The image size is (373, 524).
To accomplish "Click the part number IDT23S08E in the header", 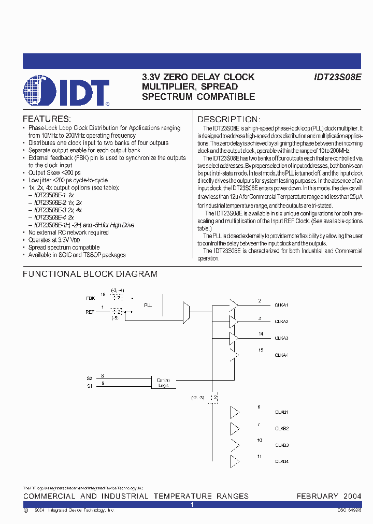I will click(x=338, y=77).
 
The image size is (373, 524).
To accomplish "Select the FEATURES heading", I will click(x=46, y=119).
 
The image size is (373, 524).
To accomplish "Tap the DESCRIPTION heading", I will click(x=228, y=119).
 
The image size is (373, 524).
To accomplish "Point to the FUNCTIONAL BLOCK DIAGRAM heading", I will click(x=90, y=274).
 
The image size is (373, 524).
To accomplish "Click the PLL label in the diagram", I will click(x=148, y=306).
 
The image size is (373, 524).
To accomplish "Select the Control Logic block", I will click(x=163, y=383).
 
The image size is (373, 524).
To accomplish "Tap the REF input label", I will click(x=90, y=312).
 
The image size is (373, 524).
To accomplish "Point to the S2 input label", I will click(x=89, y=379).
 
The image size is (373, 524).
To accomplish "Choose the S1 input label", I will click(x=89, y=386).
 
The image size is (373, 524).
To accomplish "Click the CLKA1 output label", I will click(x=281, y=305).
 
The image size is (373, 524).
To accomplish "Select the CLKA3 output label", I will click(x=281, y=338).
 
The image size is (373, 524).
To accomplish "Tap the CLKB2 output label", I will click(x=281, y=429).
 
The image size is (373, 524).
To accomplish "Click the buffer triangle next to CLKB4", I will click(x=235, y=461).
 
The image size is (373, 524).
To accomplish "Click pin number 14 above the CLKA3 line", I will click(x=261, y=334).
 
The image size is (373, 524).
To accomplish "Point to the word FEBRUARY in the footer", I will click(x=317, y=496).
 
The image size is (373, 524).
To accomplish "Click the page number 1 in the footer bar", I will click(x=192, y=504).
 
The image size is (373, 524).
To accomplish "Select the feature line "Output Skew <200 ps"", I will click(x=54, y=172).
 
